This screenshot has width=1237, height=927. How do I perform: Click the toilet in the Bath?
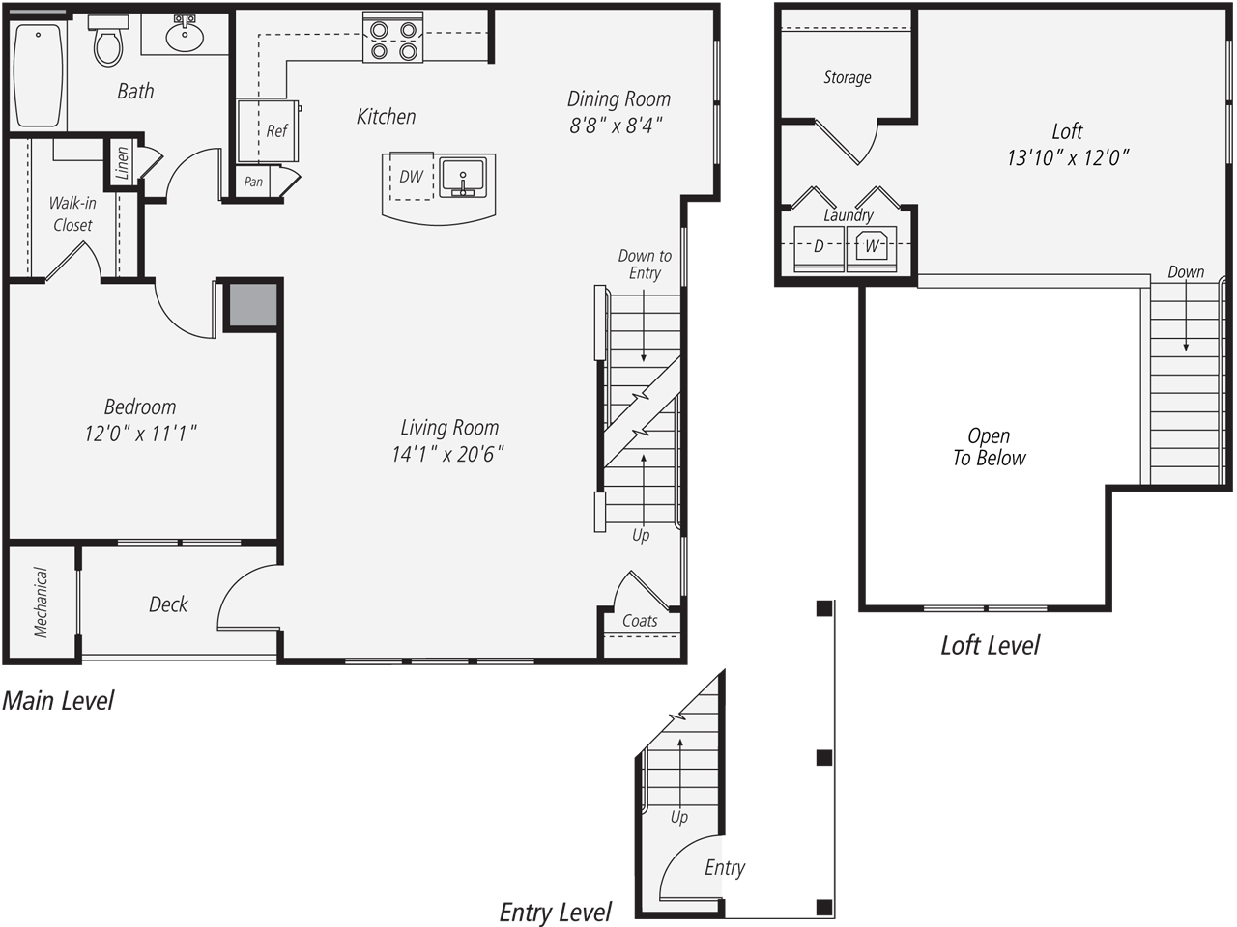[107, 43]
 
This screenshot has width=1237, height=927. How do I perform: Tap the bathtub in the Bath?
[39, 75]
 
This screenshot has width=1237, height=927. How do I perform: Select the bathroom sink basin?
[184, 36]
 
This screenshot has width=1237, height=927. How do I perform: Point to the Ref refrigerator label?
[276, 131]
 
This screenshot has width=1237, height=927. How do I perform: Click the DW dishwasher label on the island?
[411, 177]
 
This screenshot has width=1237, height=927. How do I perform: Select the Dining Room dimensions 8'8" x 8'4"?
[616, 126]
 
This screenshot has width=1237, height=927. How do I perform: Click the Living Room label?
[449, 427]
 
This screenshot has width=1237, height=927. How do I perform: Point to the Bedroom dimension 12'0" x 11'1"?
[140, 434]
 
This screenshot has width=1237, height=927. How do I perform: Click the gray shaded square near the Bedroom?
[252, 306]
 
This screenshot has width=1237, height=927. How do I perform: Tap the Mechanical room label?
[41, 603]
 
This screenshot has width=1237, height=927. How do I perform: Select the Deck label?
[168, 604]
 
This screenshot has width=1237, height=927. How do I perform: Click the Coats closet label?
[640, 621]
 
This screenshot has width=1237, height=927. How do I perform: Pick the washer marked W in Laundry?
[873, 247]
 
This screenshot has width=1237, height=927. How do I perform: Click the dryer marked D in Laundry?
[819, 247]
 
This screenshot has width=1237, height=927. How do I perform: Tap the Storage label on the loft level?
[847, 77]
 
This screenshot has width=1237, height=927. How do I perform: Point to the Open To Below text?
[989, 447]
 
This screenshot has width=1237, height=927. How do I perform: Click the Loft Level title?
[990, 645]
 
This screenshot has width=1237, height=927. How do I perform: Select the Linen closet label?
[122, 164]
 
